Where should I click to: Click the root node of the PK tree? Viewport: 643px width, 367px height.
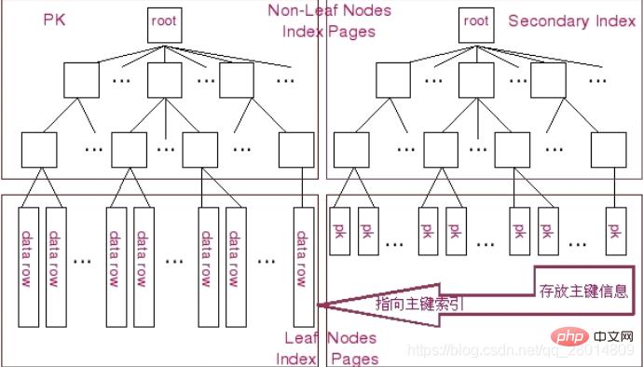(x=163, y=24)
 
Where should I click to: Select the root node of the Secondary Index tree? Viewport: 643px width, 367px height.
(x=475, y=24)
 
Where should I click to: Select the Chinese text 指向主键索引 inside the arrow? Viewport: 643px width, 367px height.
(x=419, y=304)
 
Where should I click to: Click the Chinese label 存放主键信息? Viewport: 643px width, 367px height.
(x=583, y=290)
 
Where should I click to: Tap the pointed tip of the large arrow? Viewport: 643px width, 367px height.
(x=319, y=305)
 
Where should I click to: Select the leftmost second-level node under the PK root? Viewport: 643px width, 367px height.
(x=79, y=80)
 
